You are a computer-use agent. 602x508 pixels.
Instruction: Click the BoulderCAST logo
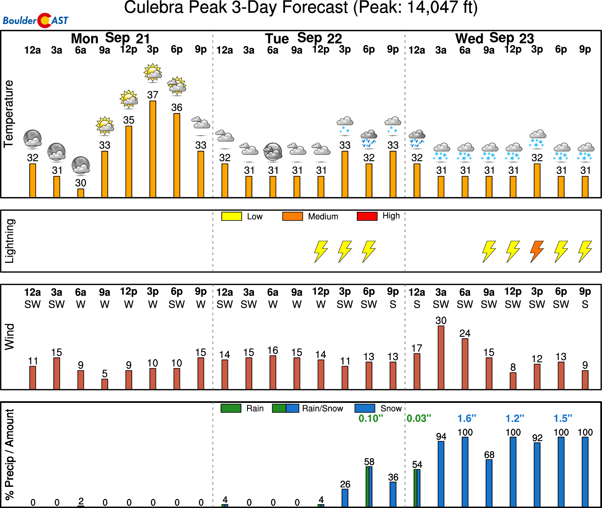pyautogui.click(x=35, y=20)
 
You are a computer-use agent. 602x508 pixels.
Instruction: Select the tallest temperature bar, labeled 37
pyautogui.click(x=153, y=149)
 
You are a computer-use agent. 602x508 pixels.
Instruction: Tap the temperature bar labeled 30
pyautogui.click(x=81, y=193)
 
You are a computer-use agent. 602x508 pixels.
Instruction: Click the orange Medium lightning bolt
pyautogui.click(x=537, y=252)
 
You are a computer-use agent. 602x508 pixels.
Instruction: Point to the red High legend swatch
pyautogui.click(x=367, y=216)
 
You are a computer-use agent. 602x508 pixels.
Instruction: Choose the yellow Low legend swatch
pyautogui.click(x=231, y=216)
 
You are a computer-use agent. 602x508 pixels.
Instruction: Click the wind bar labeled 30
pyautogui.click(x=441, y=358)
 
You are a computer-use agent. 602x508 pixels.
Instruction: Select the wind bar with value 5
pyautogui.click(x=105, y=384)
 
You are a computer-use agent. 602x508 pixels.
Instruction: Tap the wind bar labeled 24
pyautogui.click(x=465, y=364)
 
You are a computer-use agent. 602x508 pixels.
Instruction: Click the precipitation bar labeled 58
pyautogui.click(x=369, y=487)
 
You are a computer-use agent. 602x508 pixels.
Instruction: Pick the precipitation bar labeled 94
pyautogui.click(x=441, y=474)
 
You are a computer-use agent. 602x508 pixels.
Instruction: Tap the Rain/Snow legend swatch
pyautogui.click(x=285, y=408)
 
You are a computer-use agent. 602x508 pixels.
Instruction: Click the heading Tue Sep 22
pyautogui.click(x=303, y=38)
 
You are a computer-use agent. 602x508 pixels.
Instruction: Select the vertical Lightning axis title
pyautogui.click(x=10, y=241)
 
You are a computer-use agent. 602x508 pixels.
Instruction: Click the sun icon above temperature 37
pyautogui.click(x=153, y=72)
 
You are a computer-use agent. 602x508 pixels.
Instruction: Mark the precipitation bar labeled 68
pyautogui.click(x=489, y=483)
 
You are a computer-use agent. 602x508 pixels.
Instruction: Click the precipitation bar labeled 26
pyautogui.click(x=345, y=498)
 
